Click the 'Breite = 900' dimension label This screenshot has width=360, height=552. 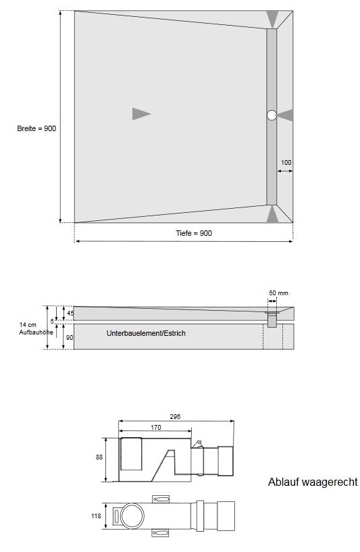36,128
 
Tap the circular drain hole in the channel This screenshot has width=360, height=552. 272,116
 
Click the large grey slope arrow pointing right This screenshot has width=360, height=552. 140,114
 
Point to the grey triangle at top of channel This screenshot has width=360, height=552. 272,19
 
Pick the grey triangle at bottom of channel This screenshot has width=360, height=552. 272,214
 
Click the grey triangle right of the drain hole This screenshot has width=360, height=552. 286,116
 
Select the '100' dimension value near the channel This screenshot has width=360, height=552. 286,163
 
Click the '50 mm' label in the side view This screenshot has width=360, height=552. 278,293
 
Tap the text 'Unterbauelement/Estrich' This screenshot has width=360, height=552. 145,334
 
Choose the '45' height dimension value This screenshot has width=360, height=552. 70,313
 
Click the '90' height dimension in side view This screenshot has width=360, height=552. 70,336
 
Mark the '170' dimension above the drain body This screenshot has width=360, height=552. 155,427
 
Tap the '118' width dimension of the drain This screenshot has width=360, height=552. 96,517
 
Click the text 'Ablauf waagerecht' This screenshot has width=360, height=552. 313,482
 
